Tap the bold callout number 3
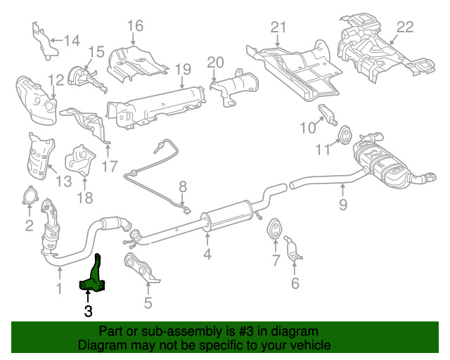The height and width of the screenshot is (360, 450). [x=88, y=309]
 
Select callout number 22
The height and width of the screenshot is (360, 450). [x=405, y=27]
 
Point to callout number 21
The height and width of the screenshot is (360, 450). [x=279, y=27]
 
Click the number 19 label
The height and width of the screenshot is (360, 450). [x=183, y=69]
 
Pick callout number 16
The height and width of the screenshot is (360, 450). [x=134, y=26]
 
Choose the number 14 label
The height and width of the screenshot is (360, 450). [x=72, y=40]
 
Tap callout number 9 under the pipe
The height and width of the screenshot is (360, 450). [x=343, y=205]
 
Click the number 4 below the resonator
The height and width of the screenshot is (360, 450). [x=207, y=253]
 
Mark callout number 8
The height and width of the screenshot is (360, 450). [x=183, y=187]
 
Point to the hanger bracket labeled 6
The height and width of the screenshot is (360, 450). [x=296, y=252]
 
